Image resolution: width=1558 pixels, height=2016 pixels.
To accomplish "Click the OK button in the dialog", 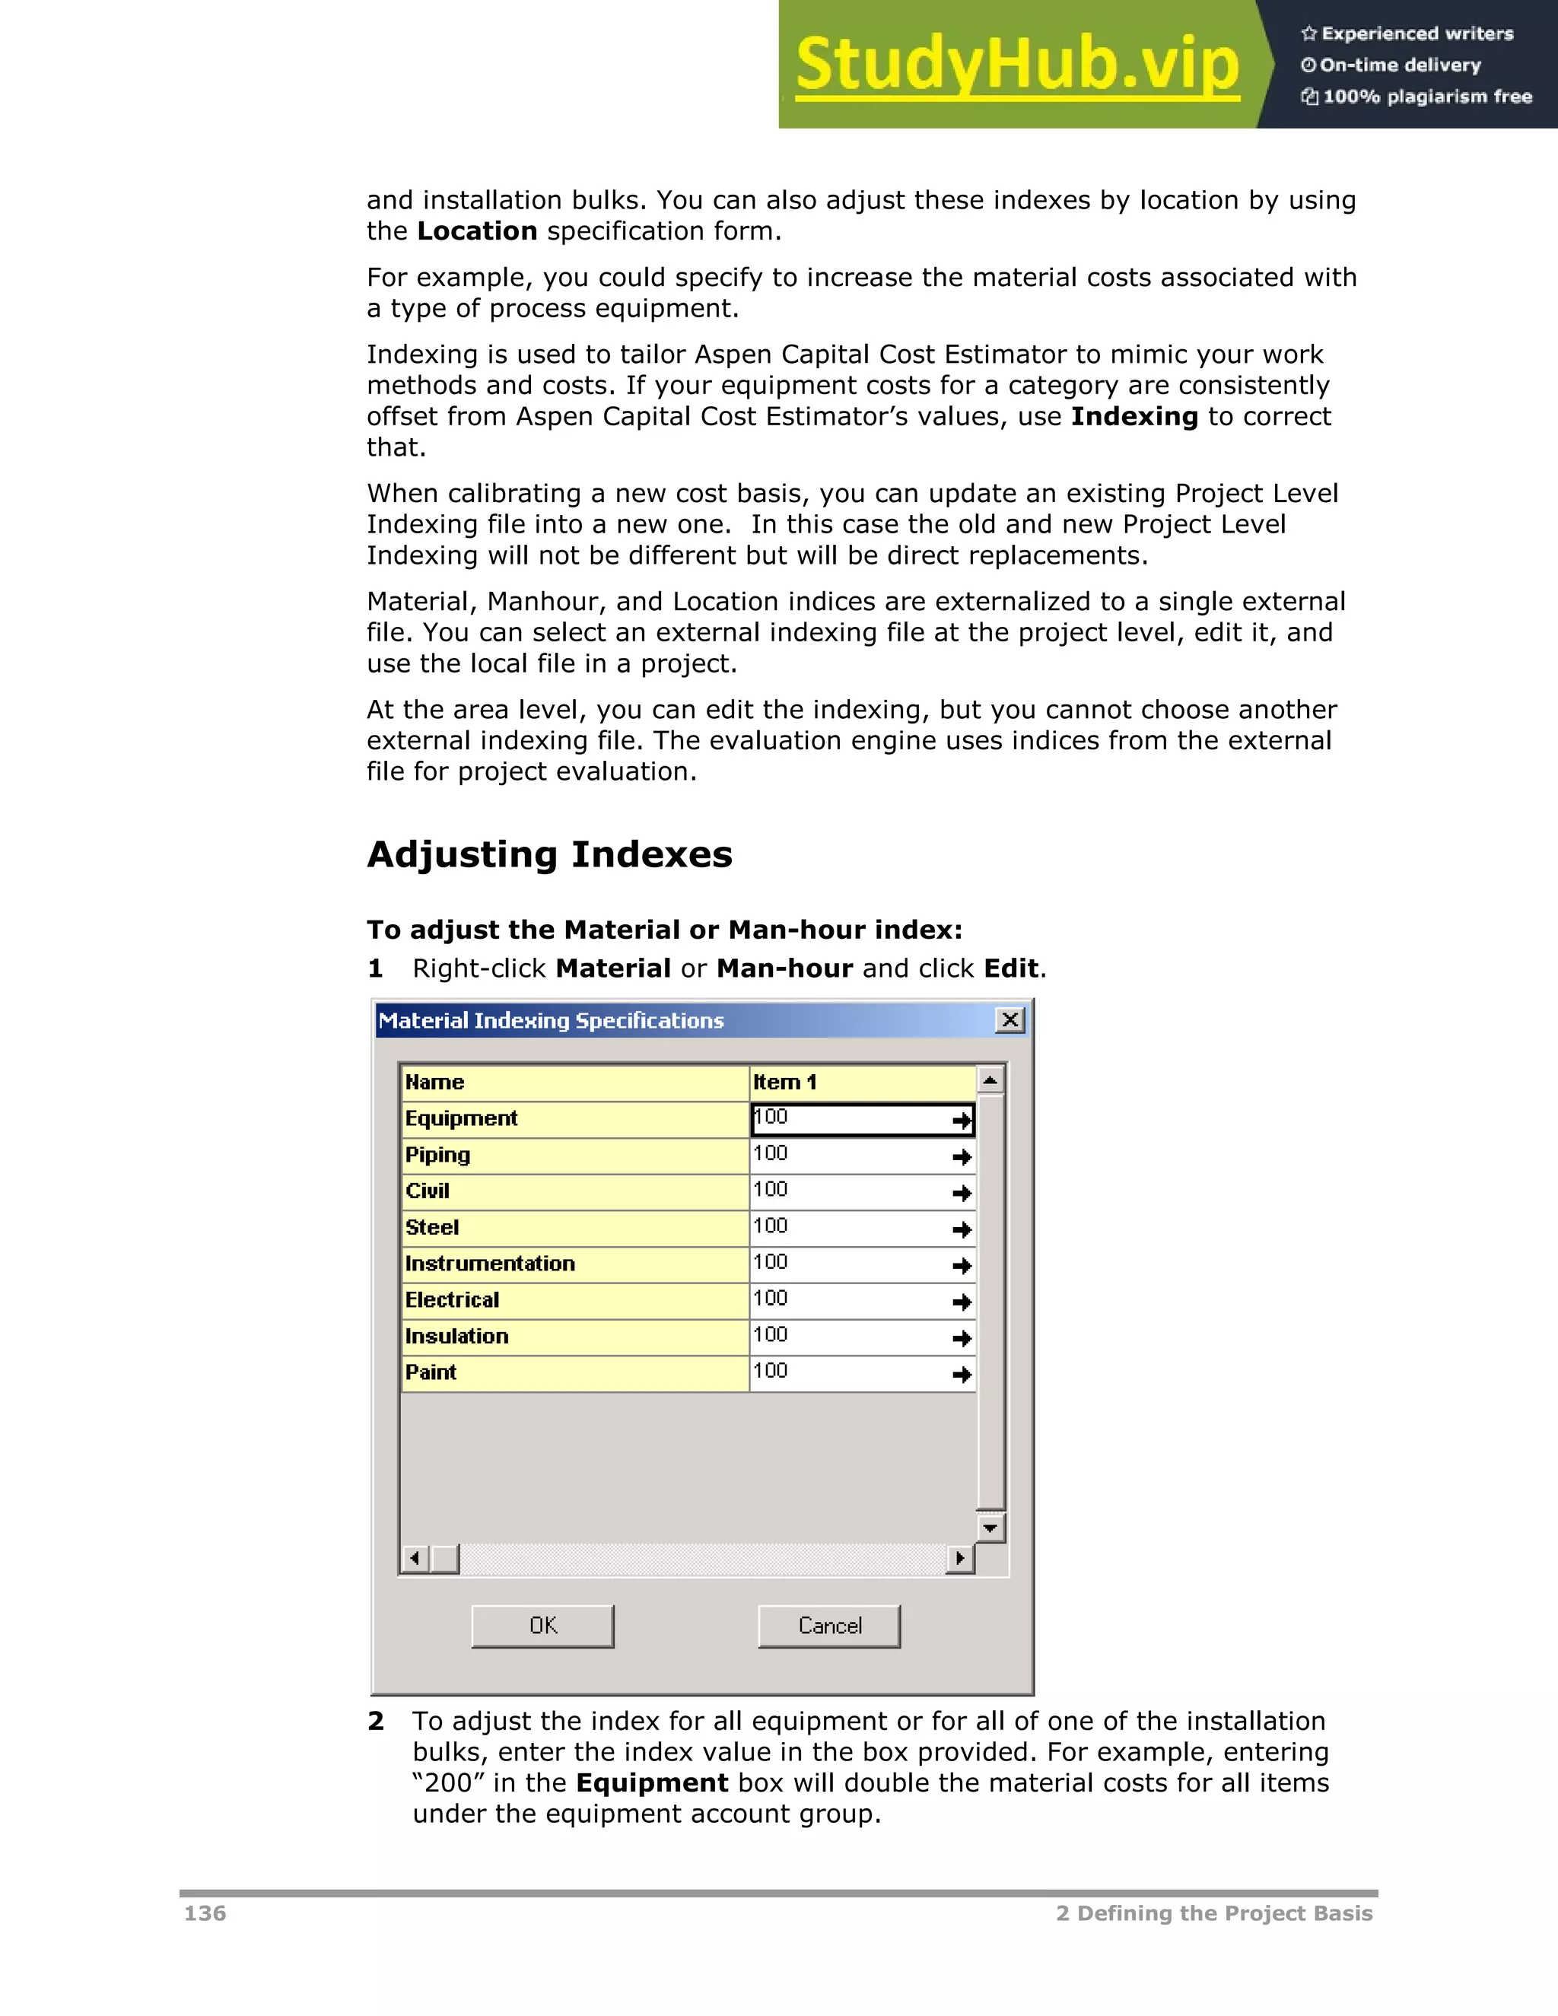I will (x=542, y=1626).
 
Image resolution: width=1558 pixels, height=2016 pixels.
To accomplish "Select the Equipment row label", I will (x=462, y=1119).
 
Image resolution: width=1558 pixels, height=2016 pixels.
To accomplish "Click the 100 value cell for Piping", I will (x=849, y=1155).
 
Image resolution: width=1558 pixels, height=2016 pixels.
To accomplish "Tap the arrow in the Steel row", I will (x=962, y=1229).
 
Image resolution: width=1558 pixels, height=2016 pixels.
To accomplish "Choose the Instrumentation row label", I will (x=490, y=1264).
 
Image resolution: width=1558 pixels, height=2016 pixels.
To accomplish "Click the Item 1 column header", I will (x=784, y=1082).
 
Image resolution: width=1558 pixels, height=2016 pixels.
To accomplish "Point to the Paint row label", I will (x=431, y=1372).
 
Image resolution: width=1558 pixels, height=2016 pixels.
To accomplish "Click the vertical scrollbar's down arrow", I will (x=990, y=1528).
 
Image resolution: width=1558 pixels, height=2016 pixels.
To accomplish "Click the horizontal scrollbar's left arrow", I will (x=415, y=1559).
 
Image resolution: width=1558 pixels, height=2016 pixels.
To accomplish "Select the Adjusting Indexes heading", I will (x=549, y=855).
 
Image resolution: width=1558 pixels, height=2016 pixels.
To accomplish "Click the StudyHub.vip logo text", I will (x=1017, y=65).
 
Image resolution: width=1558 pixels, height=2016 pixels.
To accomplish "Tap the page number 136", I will (x=205, y=1913).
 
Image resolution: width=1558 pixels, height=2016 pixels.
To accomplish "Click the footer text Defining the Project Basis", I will (x=1224, y=1913).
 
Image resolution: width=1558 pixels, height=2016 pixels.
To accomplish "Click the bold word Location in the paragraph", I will (x=476, y=231).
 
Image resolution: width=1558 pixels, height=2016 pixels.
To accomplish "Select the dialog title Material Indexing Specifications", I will (x=551, y=1021).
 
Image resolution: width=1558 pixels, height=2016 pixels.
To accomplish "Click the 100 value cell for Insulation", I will (x=849, y=1336).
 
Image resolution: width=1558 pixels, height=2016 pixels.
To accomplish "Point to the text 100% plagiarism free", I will (x=1427, y=97).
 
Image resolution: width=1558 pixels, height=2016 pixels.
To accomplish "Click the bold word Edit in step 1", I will (x=1011, y=968).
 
